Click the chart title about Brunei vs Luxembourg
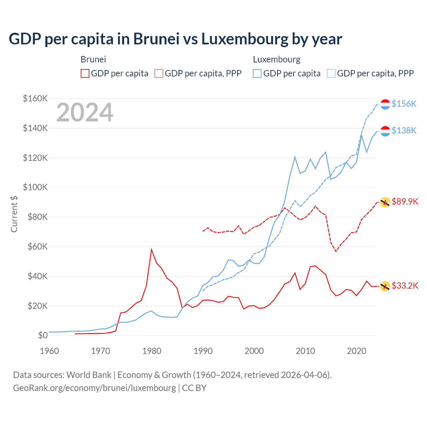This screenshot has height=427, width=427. [x=175, y=39]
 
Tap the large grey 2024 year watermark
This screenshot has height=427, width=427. [x=85, y=112]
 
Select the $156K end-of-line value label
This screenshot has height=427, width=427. [x=404, y=104]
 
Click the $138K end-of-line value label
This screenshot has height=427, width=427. [x=404, y=130]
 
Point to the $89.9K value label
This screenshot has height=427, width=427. [x=405, y=201]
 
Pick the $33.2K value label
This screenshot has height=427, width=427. [x=405, y=286]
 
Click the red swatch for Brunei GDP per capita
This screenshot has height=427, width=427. [x=85, y=73]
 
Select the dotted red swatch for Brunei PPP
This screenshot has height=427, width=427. [x=159, y=73]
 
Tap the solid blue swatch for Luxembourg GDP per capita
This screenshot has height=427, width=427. [x=257, y=73]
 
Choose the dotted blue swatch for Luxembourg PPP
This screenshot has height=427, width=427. [x=331, y=73]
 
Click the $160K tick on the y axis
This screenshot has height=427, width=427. [x=35, y=99]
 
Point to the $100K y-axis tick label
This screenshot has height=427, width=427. [x=35, y=187]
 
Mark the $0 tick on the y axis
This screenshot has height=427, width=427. [x=43, y=335]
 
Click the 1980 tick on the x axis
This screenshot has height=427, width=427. [x=152, y=351]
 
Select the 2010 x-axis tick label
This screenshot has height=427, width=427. [x=305, y=351]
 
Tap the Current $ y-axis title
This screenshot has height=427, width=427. [x=14, y=214]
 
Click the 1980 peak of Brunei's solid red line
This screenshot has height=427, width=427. [x=151, y=249]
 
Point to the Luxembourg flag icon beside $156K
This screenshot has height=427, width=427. [x=385, y=104]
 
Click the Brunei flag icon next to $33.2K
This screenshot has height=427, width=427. [x=385, y=286]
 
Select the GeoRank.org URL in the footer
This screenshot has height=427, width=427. [x=94, y=388]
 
